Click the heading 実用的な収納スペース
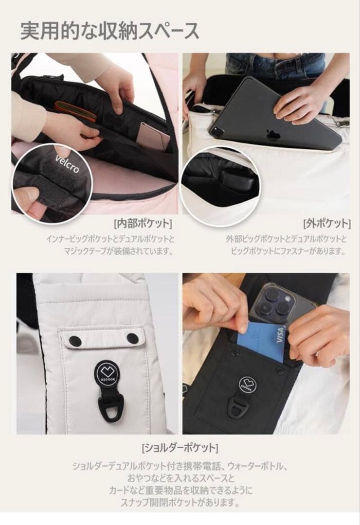pos(109,31)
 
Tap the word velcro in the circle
pos(67,163)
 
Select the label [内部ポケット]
pos(143,223)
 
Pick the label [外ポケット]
pos(327,223)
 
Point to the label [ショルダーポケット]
pos(180,448)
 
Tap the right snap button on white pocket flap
pos(132,338)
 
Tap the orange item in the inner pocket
pos(75,110)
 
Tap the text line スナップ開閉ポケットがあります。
pos(180,503)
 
